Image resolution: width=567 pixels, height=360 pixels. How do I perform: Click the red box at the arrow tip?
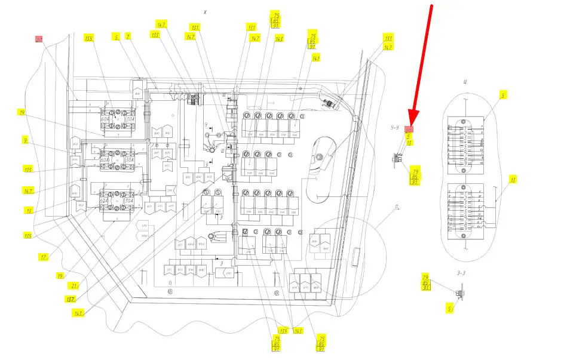tap(409, 129)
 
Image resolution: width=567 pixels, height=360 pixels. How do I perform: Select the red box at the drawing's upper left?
tap(39, 39)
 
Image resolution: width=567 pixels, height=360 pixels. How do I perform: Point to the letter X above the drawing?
tap(205, 11)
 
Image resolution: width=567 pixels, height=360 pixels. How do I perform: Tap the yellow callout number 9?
tap(26, 141)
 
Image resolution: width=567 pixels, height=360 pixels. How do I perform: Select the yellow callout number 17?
tap(27, 210)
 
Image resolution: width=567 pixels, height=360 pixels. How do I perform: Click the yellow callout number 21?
tap(73, 287)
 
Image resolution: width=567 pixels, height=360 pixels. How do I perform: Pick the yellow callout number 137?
tap(71, 298)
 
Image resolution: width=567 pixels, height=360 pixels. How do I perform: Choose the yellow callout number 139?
tap(282, 330)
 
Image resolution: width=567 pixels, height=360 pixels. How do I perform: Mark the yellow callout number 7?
tap(127, 36)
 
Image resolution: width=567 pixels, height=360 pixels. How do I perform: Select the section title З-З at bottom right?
tap(459, 272)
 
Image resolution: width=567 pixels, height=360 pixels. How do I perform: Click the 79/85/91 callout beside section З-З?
tap(426, 282)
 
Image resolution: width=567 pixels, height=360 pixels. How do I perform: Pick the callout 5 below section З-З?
tap(449, 308)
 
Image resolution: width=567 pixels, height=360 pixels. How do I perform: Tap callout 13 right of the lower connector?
tap(512, 179)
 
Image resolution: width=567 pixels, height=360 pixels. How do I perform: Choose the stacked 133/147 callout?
tap(388, 41)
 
